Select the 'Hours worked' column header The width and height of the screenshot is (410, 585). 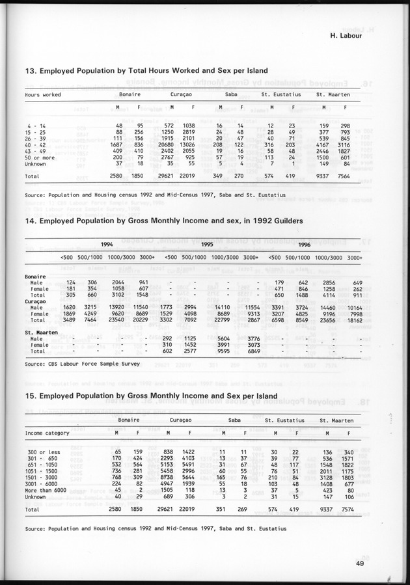[x=44, y=95]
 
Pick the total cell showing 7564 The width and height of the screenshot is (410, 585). [x=345, y=176]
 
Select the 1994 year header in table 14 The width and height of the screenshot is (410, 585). [x=108, y=244]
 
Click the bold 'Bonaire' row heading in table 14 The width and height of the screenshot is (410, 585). [x=35, y=277]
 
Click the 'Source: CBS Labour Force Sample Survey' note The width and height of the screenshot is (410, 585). [x=80, y=365]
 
